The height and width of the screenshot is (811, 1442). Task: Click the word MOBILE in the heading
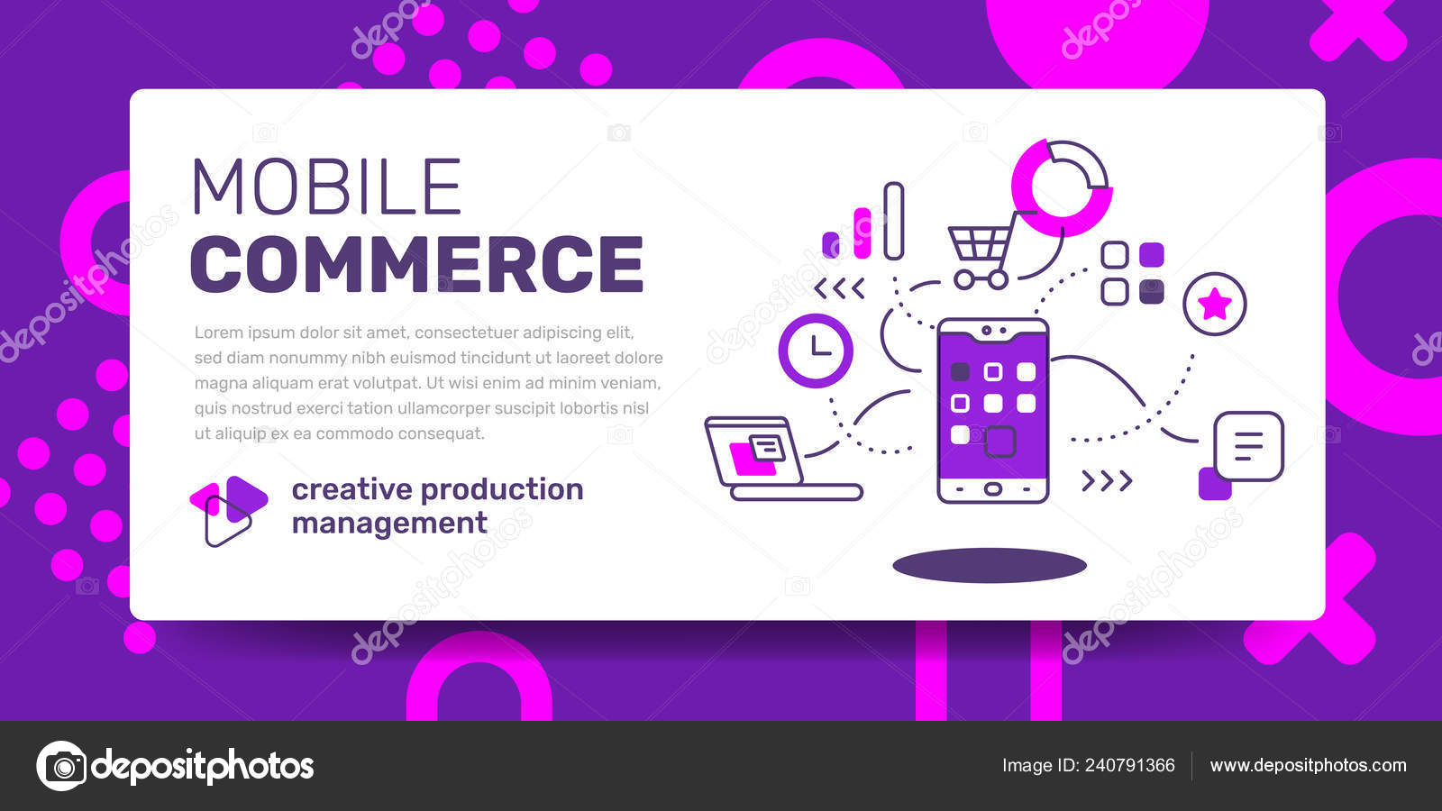326,186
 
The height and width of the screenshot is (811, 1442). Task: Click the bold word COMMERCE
416,264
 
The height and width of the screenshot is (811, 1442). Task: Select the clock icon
816,351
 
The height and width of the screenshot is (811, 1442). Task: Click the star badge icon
1215,304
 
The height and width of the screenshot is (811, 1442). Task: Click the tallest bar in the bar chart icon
893,221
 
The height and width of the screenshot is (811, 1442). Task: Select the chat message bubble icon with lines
1248,446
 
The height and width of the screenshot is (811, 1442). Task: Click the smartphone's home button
992,489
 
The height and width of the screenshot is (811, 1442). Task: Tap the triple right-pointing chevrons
1107,481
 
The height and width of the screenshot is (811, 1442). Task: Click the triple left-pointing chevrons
839,289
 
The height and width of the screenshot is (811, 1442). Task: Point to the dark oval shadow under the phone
990,566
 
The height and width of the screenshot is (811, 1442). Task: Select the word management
389,524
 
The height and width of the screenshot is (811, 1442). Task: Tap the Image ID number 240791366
1130,765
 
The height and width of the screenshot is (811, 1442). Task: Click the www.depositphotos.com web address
1308,765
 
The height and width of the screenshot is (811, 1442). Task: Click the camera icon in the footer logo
62,766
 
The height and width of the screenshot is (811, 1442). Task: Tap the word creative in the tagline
352,490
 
